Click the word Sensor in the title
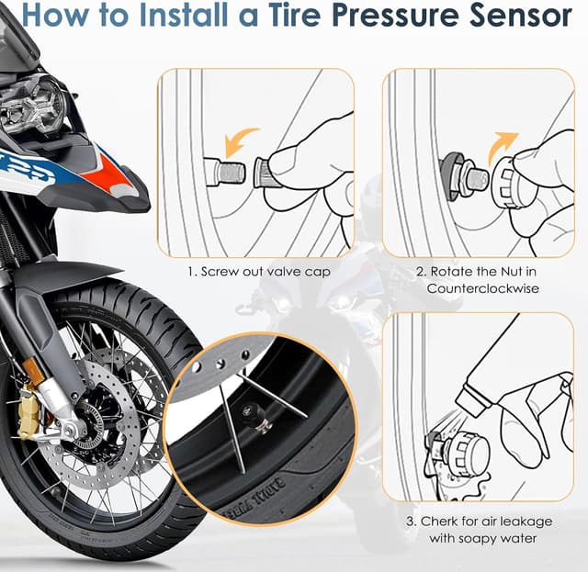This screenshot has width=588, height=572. [x=521, y=17]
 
